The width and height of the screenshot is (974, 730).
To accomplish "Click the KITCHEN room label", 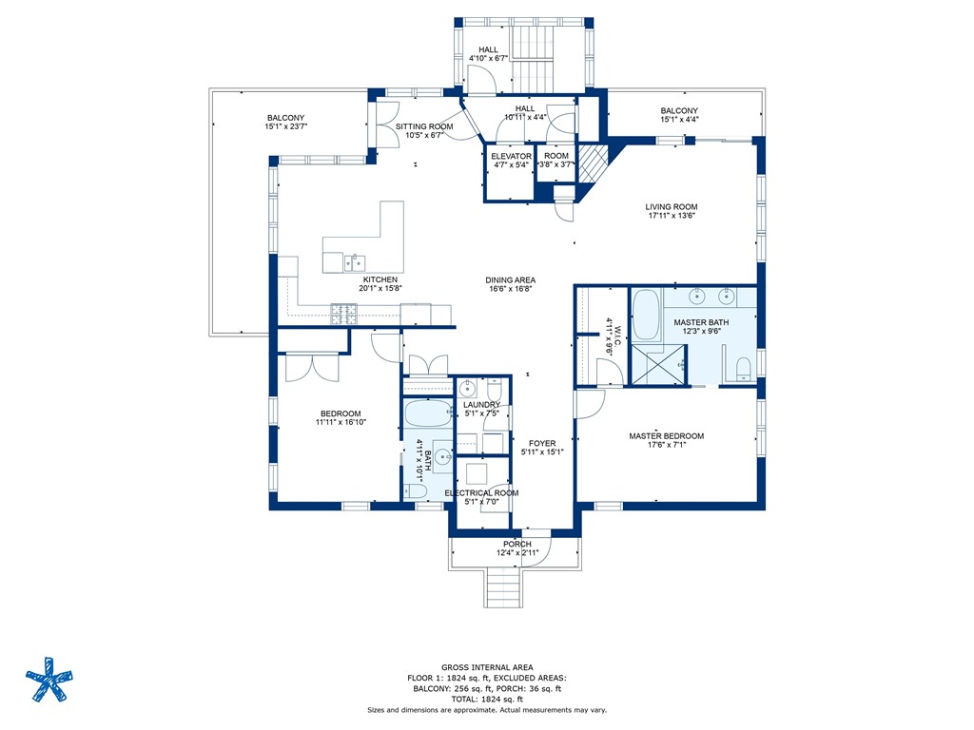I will (379, 279).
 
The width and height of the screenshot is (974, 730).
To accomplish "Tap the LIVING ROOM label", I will (672, 206).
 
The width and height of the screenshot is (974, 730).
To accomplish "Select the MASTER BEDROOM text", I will (666, 436).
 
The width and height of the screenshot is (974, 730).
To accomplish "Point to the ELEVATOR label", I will (511, 156).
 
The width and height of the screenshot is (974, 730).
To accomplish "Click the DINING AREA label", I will (511, 280).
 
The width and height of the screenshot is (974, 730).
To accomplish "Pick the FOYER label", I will (542, 443).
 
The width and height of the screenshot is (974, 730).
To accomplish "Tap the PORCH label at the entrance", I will (517, 544).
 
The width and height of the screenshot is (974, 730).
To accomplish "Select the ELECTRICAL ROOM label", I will (481, 492).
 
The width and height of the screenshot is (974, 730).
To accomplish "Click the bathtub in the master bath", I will (646, 317).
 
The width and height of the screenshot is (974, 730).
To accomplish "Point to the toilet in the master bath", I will (742, 367).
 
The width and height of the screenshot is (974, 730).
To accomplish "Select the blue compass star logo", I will (48, 681).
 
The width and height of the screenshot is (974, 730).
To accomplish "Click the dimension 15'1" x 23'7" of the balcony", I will (285, 126).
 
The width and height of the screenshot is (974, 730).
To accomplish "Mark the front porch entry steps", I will (505, 588).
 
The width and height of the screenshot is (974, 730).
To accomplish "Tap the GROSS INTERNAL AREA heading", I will (486, 667).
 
